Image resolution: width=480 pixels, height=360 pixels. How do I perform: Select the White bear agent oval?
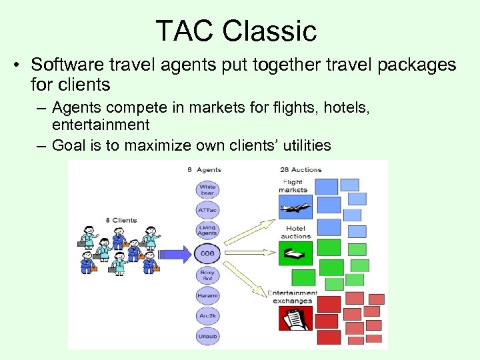(x=207, y=190)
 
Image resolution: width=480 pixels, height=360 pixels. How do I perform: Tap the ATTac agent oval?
(x=207, y=211)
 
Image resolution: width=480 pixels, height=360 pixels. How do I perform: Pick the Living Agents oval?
(x=207, y=231)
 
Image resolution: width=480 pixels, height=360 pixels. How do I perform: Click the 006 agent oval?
(x=207, y=253)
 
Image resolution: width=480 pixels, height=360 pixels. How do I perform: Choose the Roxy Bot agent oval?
(x=207, y=274)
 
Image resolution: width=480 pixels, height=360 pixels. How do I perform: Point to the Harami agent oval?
(x=207, y=295)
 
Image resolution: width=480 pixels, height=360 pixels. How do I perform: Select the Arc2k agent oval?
(x=207, y=316)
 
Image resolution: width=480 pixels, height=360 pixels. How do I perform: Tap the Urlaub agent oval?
(x=207, y=337)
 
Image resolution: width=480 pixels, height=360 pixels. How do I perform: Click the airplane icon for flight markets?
(x=295, y=208)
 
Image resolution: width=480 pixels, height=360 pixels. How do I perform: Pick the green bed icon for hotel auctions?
(x=295, y=253)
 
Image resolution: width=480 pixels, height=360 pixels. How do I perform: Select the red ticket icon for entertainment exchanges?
(x=295, y=318)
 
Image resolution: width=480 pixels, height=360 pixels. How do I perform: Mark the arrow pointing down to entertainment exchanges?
(x=250, y=280)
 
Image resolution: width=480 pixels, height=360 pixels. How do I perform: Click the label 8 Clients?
(x=121, y=220)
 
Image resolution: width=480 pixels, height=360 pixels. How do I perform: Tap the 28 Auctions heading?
(x=301, y=170)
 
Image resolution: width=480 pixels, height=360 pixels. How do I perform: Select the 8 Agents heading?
(x=204, y=170)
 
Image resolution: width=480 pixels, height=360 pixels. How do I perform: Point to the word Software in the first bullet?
(x=63, y=65)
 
